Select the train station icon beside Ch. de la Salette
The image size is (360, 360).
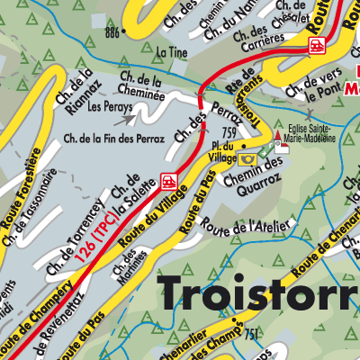pos(167,181)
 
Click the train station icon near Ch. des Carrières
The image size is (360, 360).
pos(314,49)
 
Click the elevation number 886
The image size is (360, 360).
pos(112,32)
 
